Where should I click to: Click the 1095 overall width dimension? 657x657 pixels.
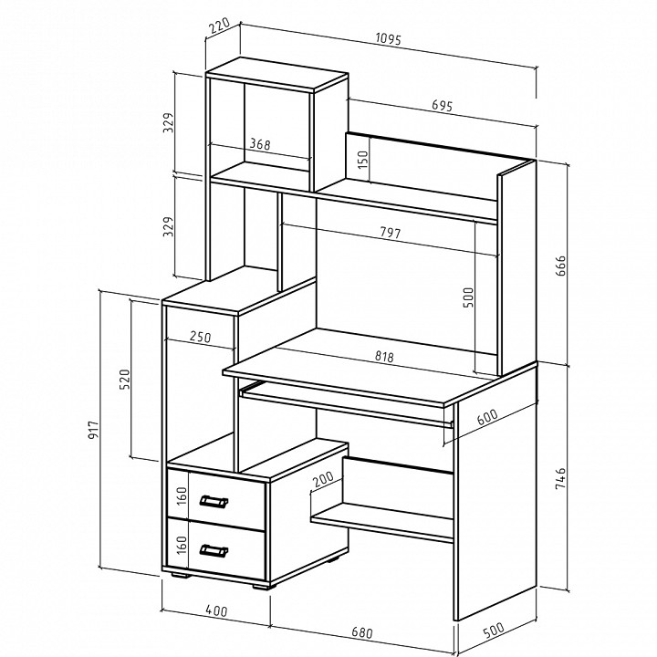tap(389, 39)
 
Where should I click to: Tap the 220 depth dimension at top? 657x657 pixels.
tap(219, 26)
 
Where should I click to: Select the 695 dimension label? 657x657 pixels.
tap(442, 106)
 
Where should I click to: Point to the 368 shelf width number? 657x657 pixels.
tap(260, 144)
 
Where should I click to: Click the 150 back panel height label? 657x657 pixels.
tap(363, 159)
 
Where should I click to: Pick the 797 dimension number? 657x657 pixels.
tap(391, 233)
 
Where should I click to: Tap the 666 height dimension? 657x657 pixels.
tap(560, 266)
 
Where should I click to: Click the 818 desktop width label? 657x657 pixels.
tap(384, 357)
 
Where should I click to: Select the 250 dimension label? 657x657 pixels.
tap(200, 337)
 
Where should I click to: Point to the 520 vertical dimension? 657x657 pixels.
tap(125, 379)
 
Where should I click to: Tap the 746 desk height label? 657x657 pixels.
tap(560, 478)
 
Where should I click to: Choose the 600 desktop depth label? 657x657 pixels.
tap(487, 416)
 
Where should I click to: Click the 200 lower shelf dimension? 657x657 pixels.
tap(323, 479)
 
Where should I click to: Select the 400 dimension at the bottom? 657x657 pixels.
tap(216, 610)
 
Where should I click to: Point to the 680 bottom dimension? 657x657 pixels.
tap(361, 631)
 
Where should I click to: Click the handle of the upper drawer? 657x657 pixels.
tap(214, 501)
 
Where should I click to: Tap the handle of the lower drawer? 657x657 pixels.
tap(214, 550)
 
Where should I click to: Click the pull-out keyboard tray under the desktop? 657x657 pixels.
tap(347, 404)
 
